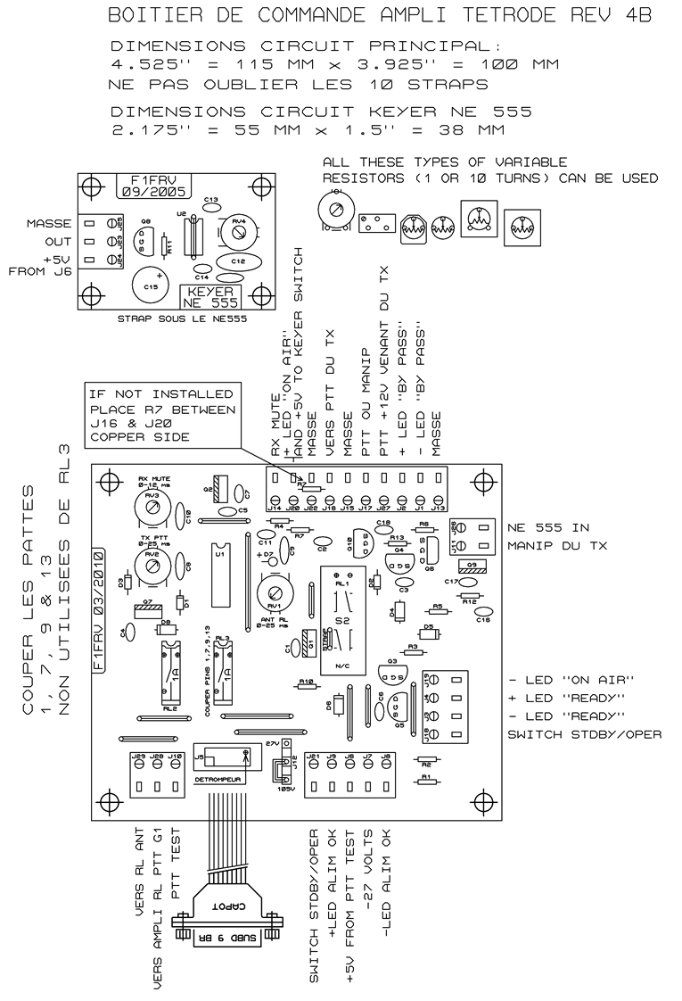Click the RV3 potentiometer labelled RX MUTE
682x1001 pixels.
pyautogui.click(x=152, y=506)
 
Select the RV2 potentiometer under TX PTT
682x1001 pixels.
pyautogui.click(x=152, y=565)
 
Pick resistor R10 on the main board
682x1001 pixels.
pyautogui.click(x=307, y=685)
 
